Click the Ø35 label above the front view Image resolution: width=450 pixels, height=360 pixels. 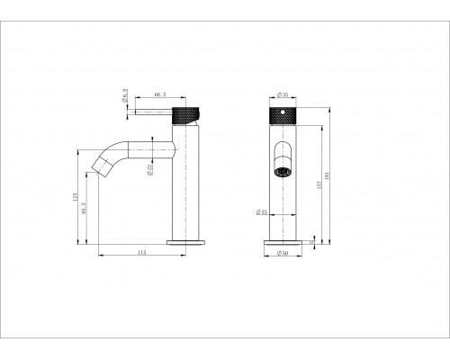[282, 94]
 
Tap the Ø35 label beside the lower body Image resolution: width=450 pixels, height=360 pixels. [261, 212]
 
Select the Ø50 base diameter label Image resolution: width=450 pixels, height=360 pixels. [283, 253]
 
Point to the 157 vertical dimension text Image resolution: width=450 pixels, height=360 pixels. [322, 185]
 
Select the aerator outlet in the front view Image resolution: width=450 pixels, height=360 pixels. [282, 168]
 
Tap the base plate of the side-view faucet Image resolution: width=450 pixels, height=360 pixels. [186, 241]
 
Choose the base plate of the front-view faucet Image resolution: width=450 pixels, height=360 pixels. [282, 241]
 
